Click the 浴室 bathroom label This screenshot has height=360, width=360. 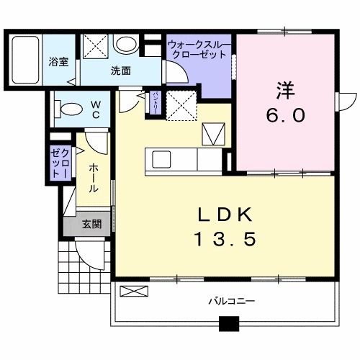(58, 62)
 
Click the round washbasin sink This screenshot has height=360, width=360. (127, 45)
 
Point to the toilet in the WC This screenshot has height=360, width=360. (69, 111)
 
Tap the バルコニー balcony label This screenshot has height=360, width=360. (232, 300)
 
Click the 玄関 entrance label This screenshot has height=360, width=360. (91, 225)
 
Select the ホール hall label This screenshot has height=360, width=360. (94, 176)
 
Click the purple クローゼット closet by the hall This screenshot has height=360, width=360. (58, 163)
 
